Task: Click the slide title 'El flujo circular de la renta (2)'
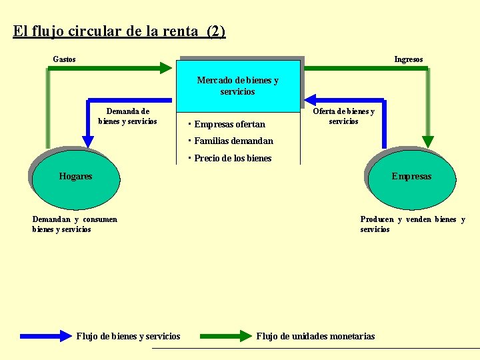pyautogui.click(x=119, y=31)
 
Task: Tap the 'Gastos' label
pyautogui.click(x=64, y=59)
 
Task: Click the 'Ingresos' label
pyautogui.click(x=408, y=59)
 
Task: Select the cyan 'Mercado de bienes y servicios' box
pyautogui.click(x=238, y=85)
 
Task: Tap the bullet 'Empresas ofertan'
pyautogui.click(x=229, y=124)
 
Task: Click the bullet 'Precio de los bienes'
pyautogui.click(x=233, y=158)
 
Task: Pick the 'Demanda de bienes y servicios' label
pyautogui.click(x=128, y=116)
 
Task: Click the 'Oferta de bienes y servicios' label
pyautogui.click(x=343, y=116)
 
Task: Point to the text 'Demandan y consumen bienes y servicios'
pyautogui.click(x=75, y=224)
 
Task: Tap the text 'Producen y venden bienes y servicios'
pyautogui.click(x=412, y=224)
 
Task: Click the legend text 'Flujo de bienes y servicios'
pyautogui.click(x=128, y=336)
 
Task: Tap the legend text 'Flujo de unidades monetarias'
pyautogui.click(x=315, y=336)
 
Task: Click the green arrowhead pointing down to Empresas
pyautogui.click(x=428, y=142)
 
